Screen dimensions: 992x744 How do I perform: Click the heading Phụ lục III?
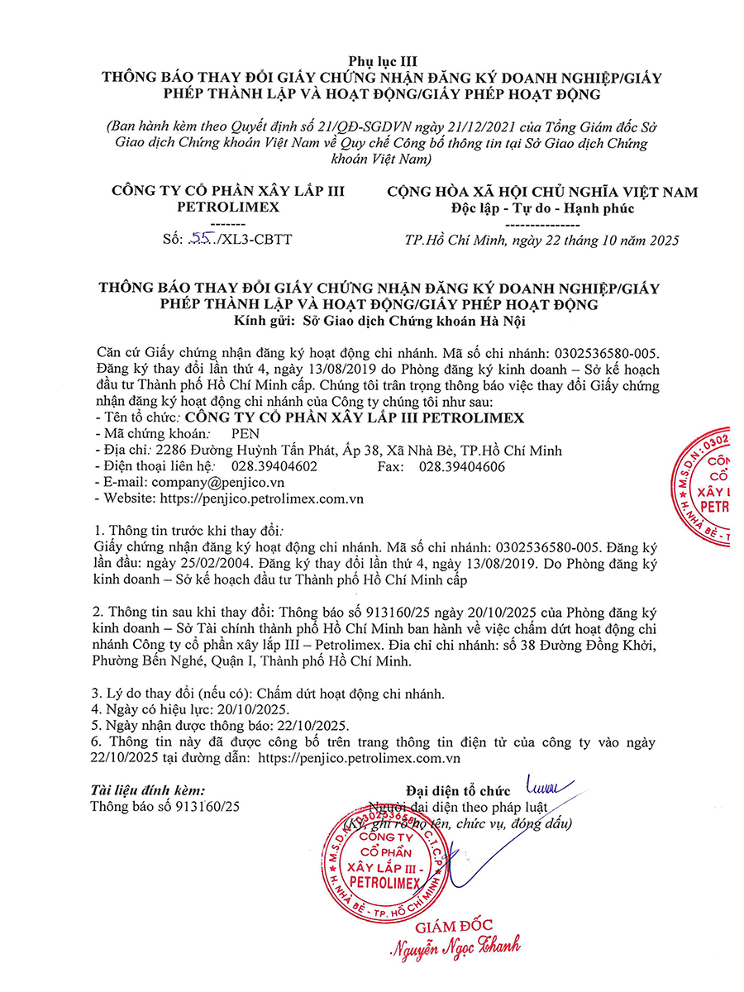pos(371,60)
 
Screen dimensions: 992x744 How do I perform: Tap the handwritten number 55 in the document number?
pos(200,240)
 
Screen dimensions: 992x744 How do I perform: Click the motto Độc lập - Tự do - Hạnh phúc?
pos(542,208)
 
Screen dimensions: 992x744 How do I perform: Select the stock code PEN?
pos(245,434)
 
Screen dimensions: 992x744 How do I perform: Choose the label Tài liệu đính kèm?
pos(148,790)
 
